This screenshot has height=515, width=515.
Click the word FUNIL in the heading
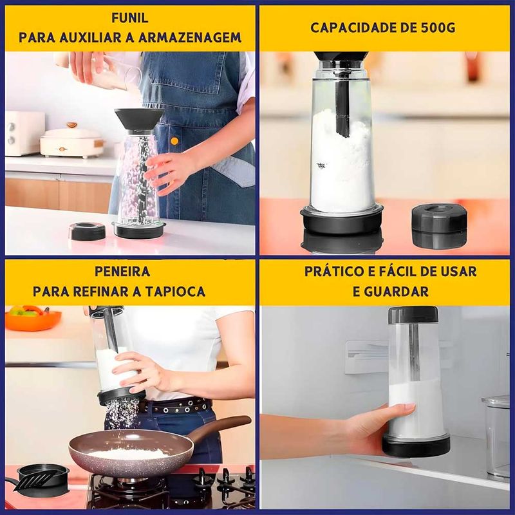point(130,18)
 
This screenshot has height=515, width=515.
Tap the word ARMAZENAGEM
point(190,37)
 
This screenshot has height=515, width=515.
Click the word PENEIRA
point(122,271)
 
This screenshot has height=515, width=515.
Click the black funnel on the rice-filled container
point(139,119)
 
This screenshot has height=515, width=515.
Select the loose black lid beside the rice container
point(88,231)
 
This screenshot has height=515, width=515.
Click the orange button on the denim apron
point(174,141)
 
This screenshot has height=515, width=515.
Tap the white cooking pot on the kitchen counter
point(72,140)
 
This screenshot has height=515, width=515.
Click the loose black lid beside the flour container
point(439,226)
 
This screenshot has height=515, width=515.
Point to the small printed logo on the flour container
point(321,165)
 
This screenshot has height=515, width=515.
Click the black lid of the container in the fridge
point(413,315)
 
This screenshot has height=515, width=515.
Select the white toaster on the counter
point(24,133)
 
